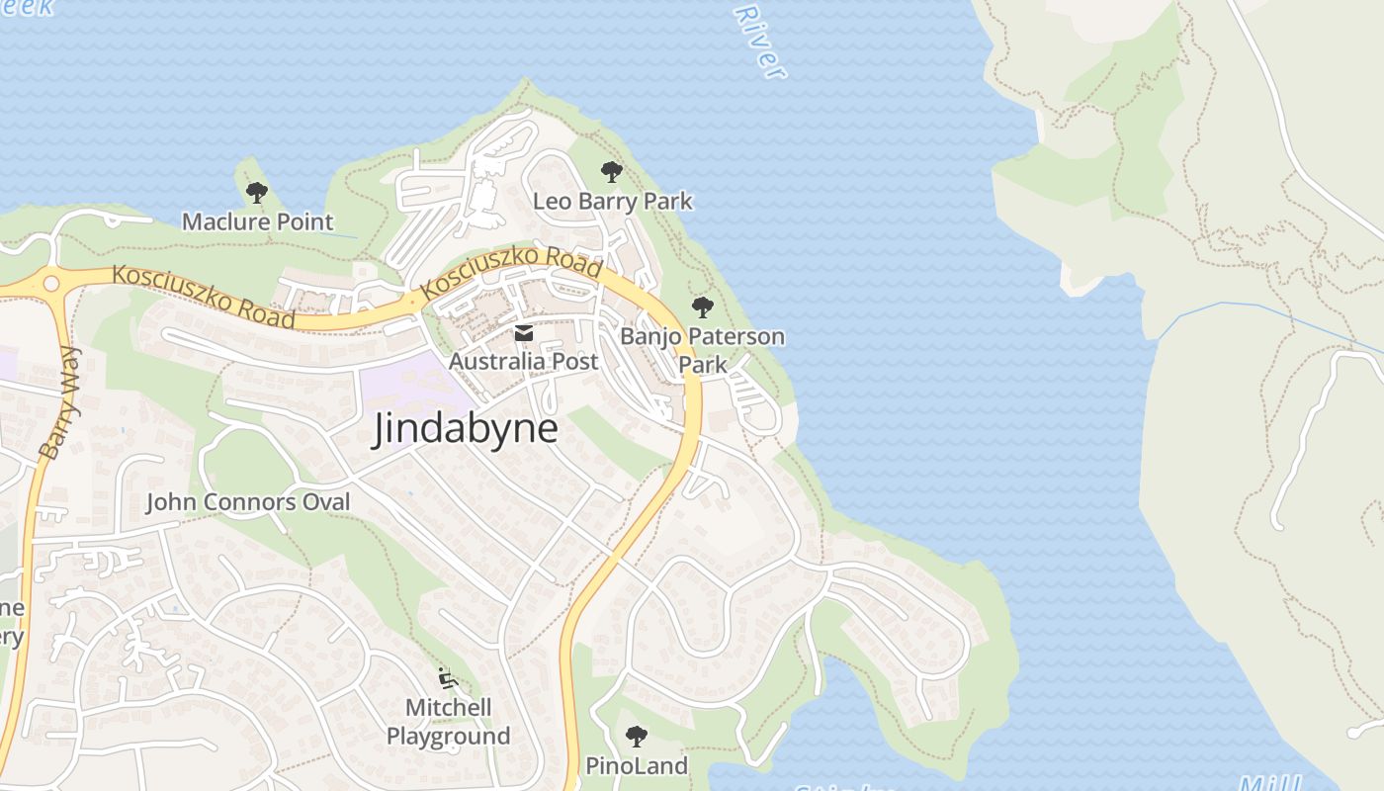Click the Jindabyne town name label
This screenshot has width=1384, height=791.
coord(465,429)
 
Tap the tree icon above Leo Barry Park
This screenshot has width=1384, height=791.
coord(612,172)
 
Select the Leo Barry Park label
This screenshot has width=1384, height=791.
coord(612,202)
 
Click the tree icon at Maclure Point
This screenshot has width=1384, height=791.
coord(257,192)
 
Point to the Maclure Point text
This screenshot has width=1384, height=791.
coord(257,221)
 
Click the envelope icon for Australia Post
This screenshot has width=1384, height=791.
coord(524,334)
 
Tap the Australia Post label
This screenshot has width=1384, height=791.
coord(524,362)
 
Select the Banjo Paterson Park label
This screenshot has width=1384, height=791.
coord(702,349)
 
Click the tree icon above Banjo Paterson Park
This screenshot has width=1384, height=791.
coord(702,307)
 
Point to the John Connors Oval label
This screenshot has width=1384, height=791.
coord(248,502)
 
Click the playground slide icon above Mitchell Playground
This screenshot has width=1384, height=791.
coord(448,678)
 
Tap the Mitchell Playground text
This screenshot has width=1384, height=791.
coord(448,722)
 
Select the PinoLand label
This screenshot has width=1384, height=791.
coord(636,765)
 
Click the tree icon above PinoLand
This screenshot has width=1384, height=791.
coord(636,736)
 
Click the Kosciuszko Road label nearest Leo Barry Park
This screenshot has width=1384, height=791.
coord(511,273)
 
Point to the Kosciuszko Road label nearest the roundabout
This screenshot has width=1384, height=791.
coord(203,297)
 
